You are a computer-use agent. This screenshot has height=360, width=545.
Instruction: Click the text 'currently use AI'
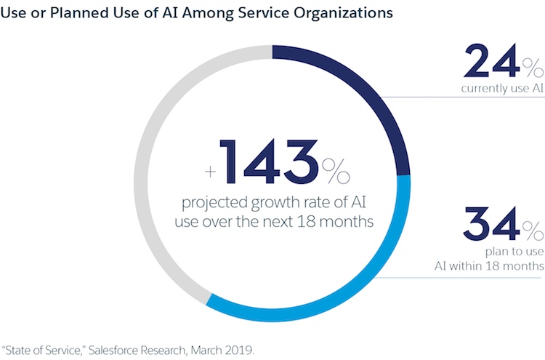pyautogui.click(x=501, y=89)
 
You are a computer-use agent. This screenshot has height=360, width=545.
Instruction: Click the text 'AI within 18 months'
pyautogui.click(x=496, y=266)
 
